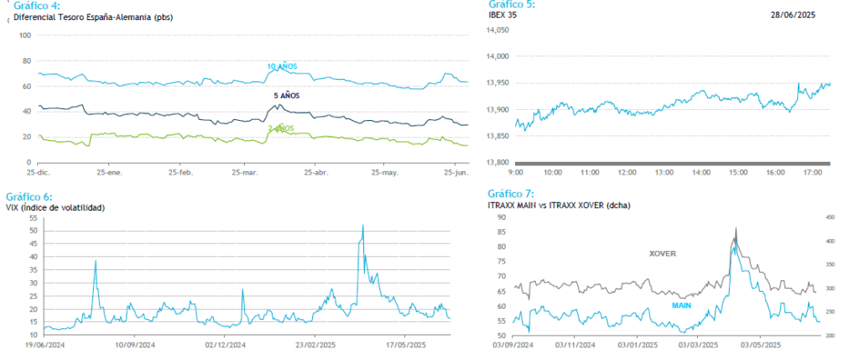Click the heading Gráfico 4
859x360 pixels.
tap(37, 5)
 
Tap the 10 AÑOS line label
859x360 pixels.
tap(282, 66)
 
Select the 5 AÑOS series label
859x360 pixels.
tap(286, 96)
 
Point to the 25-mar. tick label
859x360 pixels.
tap(246, 172)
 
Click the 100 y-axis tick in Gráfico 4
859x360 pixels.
tap(24, 35)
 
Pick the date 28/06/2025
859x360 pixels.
tap(793, 14)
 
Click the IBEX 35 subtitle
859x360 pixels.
tap(503, 14)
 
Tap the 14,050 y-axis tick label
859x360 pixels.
tap(497, 30)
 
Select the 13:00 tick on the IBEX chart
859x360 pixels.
tap(664, 172)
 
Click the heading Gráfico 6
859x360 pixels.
tap(29, 196)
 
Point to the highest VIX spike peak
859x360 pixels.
tap(362, 226)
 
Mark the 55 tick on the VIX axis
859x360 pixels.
tap(33, 217)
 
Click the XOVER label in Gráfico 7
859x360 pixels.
tap(663, 253)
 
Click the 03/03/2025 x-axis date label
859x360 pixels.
tap(698, 344)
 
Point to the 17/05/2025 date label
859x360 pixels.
tap(407, 344)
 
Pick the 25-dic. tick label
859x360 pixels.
tap(36, 172)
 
